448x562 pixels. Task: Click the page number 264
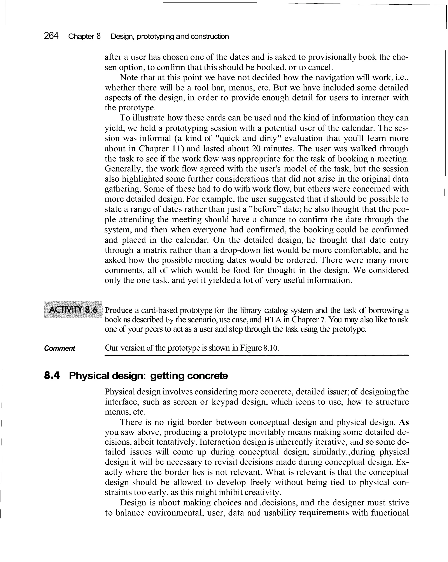coord(51,36)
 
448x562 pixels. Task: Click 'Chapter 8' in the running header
coord(84,36)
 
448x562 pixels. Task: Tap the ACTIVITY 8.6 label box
coord(73,310)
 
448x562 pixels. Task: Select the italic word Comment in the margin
coord(60,348)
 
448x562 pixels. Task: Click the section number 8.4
coord(52,376)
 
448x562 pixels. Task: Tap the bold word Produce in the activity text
coord(119,310)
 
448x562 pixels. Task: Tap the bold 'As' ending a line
coord(404,422)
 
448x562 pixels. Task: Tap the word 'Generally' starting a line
coord(124,169)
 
